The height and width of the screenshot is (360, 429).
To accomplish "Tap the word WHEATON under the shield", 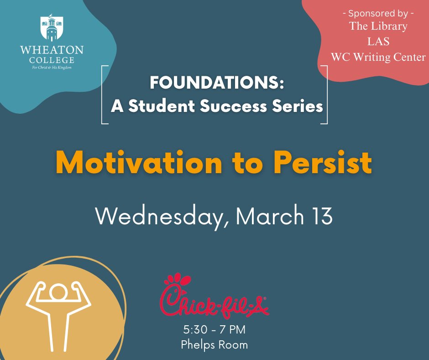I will [52, 50].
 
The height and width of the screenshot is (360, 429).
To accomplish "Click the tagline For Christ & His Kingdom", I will [52, 67].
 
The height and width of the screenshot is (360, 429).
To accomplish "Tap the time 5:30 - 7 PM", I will [214, 329].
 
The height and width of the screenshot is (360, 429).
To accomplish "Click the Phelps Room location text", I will [214, 344].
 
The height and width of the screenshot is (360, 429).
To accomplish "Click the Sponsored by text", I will [378, 13].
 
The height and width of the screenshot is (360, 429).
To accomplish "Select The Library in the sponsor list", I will [378, 26].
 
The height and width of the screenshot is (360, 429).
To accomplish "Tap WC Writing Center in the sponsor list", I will [378, 57].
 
